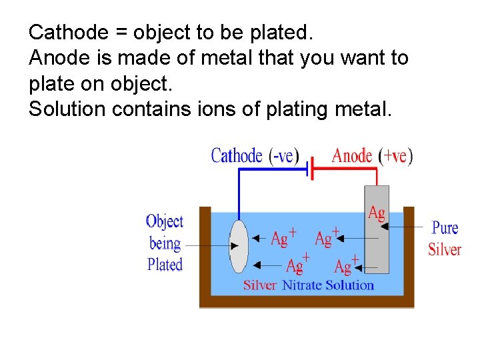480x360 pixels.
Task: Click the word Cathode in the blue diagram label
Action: [237, 156]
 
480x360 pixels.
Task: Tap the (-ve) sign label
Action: [284, 156]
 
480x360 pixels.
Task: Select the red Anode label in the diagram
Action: [351, 156]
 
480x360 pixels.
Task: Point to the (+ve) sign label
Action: [395, 156]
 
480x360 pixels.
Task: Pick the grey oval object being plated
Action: [239, 246]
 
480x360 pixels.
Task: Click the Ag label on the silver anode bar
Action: [377, 213]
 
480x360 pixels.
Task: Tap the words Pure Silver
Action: [445, 239]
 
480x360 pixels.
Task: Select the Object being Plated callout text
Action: [165, 243]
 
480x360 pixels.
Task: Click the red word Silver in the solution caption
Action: [260, 285]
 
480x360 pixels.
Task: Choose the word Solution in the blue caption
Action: [351, 285]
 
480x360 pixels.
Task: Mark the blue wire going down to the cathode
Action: [239, 193]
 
